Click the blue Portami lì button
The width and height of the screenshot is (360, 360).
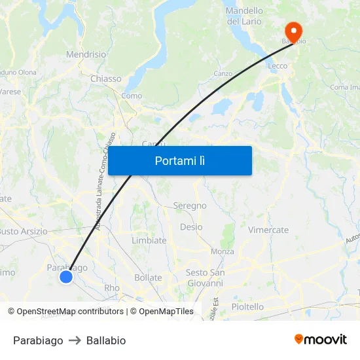pyautogui.click(x=180, y=160)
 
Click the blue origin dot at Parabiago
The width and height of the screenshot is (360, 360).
pyautogui.click(x=66, y=277)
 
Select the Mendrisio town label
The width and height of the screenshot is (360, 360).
pyautogui.click(x=86, y=55)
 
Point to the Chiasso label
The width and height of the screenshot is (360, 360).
pyautogui.click(x=105, y=79)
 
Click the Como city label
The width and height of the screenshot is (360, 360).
pyautogui.click(x=132, y=96)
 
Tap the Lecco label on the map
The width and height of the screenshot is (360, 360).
pyautogui.click(x=278, y=66)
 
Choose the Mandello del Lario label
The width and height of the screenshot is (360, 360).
pyautogui.click(x=244, y=16)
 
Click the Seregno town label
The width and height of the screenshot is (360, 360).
pyautogui.click(x=190, y=206)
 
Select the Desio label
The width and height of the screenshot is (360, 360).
pyautogui.click(x=191, y=227)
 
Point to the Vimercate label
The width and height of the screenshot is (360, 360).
pyautogui.click(x=268, y=230)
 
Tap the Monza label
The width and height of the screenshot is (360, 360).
pyautogui.click(x=223, y=251)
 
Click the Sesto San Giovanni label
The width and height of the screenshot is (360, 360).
pyautogui.click(x=206, y=278)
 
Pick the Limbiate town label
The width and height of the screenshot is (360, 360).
pyautogui.click(x=149, y=240)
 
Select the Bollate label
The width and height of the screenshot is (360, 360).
pyautogui.click(x=148, y=278)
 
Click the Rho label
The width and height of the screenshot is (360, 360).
pyautogui.click(x=112, y=287)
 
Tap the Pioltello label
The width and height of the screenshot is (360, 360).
pyautogui.click(x=247, y=306)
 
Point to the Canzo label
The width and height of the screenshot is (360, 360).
pyautogui.click(x=223, y=73)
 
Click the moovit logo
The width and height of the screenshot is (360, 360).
pyautogui.click(x=321, y=340)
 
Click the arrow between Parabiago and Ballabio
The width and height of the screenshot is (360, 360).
pyautogui.click(x=75, y=340)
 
